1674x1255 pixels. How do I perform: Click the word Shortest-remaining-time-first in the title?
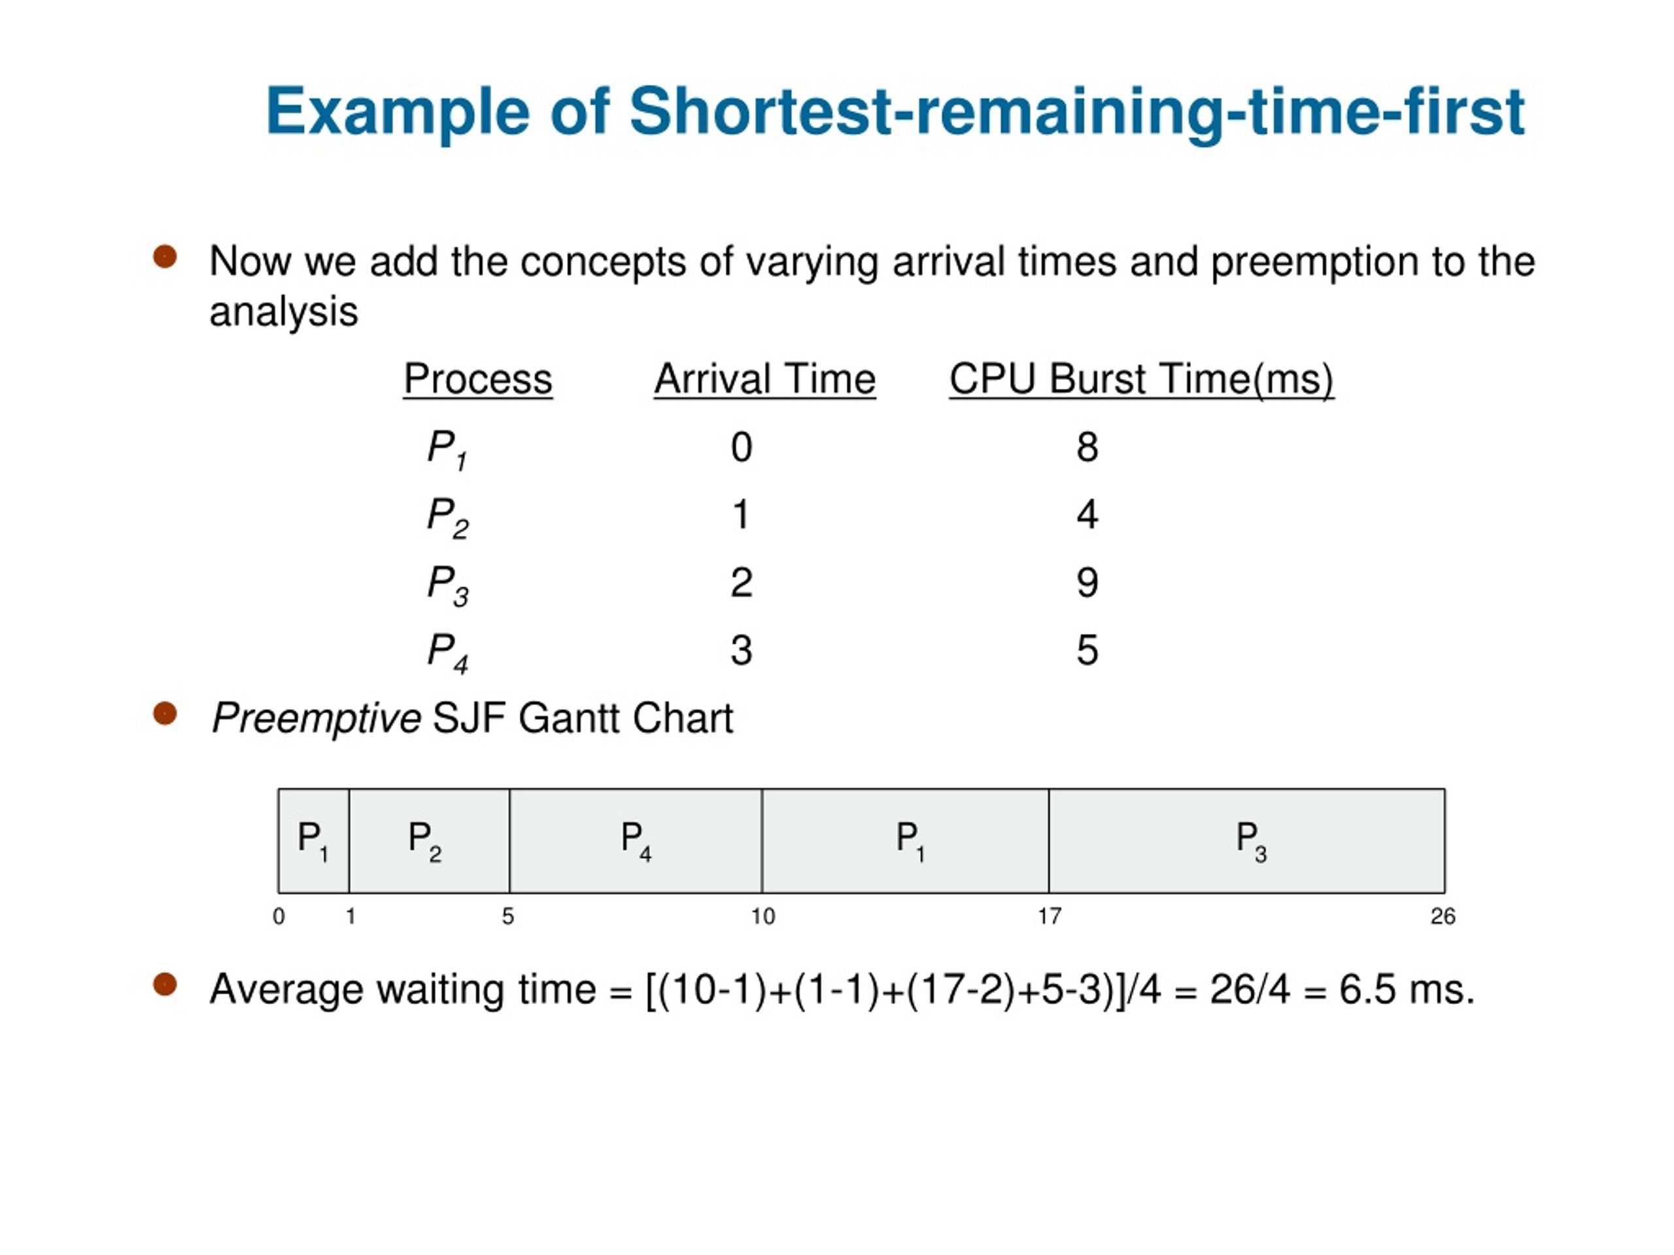pos(1076,112)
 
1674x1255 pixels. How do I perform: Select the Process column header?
pos(477,378)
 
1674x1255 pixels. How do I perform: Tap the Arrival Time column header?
pos(764,378)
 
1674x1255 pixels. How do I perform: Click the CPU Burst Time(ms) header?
pos(1141,378)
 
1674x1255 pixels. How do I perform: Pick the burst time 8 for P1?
pos(1087,447)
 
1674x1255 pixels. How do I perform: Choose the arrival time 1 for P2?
pos(741,515)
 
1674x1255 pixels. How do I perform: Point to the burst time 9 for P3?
pos(1087,582)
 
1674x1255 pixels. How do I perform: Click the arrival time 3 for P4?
pos(741,650)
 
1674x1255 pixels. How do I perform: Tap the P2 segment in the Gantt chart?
pos(428,841)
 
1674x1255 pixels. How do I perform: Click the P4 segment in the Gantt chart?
pos(636,841)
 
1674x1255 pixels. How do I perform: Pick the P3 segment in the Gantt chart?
pos(1247,841)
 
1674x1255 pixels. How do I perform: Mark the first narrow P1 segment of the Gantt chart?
pos(313,841)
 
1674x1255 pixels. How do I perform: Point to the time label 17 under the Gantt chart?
pos(1049,917)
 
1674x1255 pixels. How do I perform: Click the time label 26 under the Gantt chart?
pos(1443,917)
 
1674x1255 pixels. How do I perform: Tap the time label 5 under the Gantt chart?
pos(508,917)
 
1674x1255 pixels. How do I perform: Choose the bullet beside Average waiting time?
pos(165,985)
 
